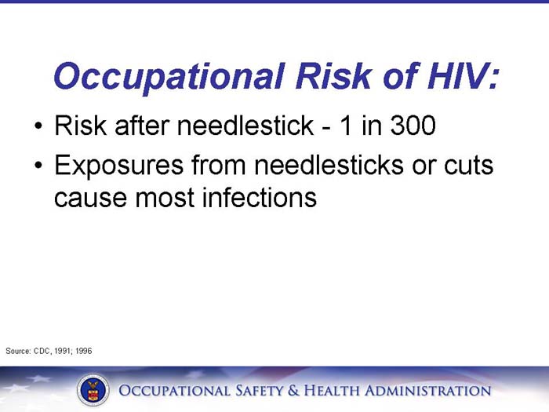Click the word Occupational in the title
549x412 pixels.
(x=165, y=76)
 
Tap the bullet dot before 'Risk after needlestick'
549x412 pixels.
(x=38, y=126)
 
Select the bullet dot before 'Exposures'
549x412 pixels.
(x=38, y=166)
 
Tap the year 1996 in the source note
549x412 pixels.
(x=84, y=351)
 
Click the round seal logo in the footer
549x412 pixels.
(x=93, y=390)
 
